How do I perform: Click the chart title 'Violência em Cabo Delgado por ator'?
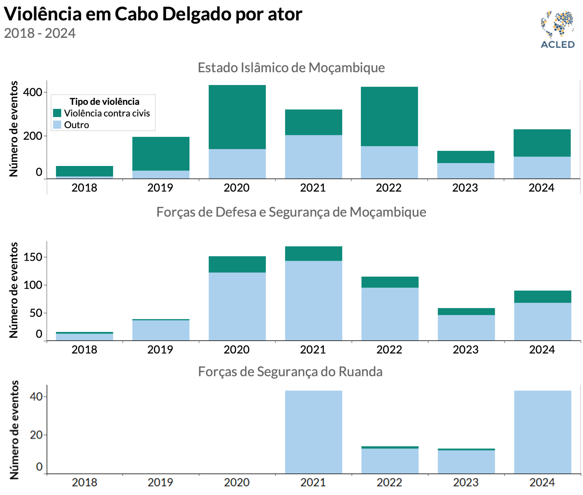click(x=153, y=14)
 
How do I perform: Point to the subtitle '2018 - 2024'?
click(x=40, y=33)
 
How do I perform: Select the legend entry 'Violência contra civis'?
click(x=107, y=113)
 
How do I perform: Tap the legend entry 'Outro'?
click(x=76, y=125)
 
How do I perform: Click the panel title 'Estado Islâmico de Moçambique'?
click(x=291, y=68)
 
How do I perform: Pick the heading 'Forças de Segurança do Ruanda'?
click(x=290, y=371)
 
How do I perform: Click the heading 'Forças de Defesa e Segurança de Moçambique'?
click(x=291, y=212)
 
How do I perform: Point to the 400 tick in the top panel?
click(x=33, y=92)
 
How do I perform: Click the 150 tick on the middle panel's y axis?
click(x=33, y=257)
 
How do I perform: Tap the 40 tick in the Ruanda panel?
click(x=36, y=397)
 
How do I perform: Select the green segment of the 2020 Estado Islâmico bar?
click(x=237, y=117)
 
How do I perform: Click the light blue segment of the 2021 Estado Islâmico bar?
click(x=314, y=157)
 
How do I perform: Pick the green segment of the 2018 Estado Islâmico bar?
click(x=85, y=171)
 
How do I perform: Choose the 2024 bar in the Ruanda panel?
click(x=543, y=432)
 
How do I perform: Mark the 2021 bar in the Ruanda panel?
click(x=314, y=432)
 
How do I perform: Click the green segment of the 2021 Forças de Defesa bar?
click(x=314, y=254)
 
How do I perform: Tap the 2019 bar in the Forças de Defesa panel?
click(x=161, y=330)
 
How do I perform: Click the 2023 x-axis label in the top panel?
click(x=465, y=188)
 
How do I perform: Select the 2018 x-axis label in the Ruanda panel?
click(x=85, y=482)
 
